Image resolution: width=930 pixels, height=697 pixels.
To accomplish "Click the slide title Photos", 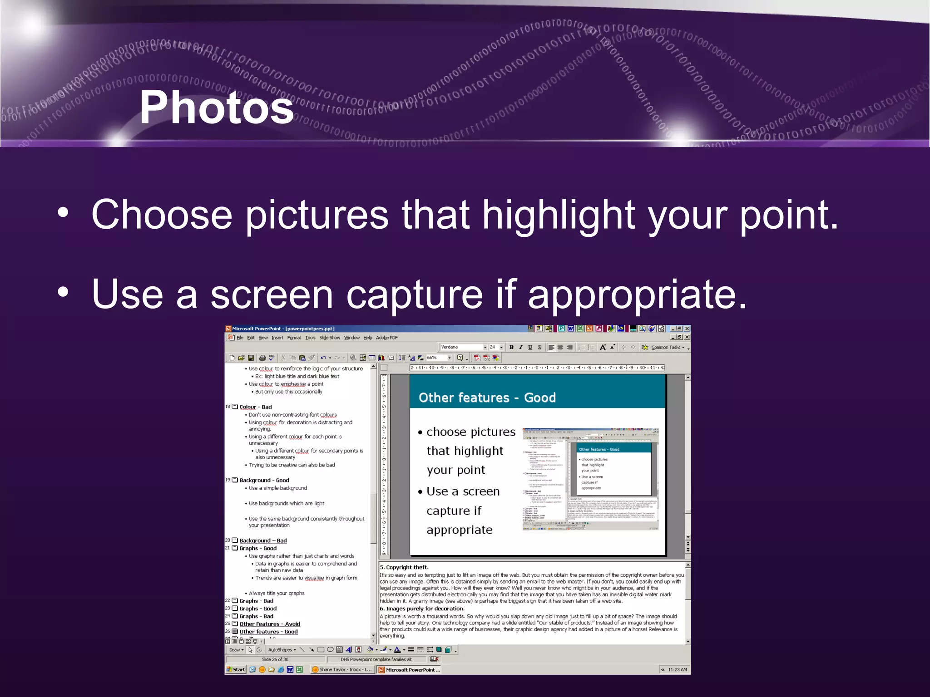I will pos(217,108).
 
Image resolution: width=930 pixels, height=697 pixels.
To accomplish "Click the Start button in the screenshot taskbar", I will pos(236,669).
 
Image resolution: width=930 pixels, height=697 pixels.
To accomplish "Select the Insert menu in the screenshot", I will pos(277,338).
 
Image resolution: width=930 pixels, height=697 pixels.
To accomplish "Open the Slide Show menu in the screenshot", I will pos(329,338).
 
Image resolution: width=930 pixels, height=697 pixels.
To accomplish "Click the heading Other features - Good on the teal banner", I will pos(487,398).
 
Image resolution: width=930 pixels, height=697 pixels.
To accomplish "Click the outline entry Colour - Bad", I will pos(255,407).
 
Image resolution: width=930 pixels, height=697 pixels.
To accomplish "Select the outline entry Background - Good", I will pos(264,480).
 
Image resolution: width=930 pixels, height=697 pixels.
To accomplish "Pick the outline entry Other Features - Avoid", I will pos(269,624).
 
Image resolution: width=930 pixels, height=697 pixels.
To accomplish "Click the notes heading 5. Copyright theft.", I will pos(404,567).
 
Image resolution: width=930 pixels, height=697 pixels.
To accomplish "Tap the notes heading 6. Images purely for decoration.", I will pos(422,609).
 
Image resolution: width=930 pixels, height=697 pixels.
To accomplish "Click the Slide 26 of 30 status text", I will pos(275,659).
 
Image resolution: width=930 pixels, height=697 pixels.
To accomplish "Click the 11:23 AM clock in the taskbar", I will pos(677,669).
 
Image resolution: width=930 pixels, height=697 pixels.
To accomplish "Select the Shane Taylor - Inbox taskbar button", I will pos(343,669).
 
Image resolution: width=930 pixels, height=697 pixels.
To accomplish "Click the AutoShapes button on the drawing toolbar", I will pos(281,650).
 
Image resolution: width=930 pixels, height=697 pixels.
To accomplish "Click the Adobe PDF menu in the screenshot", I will pos(386,338).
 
